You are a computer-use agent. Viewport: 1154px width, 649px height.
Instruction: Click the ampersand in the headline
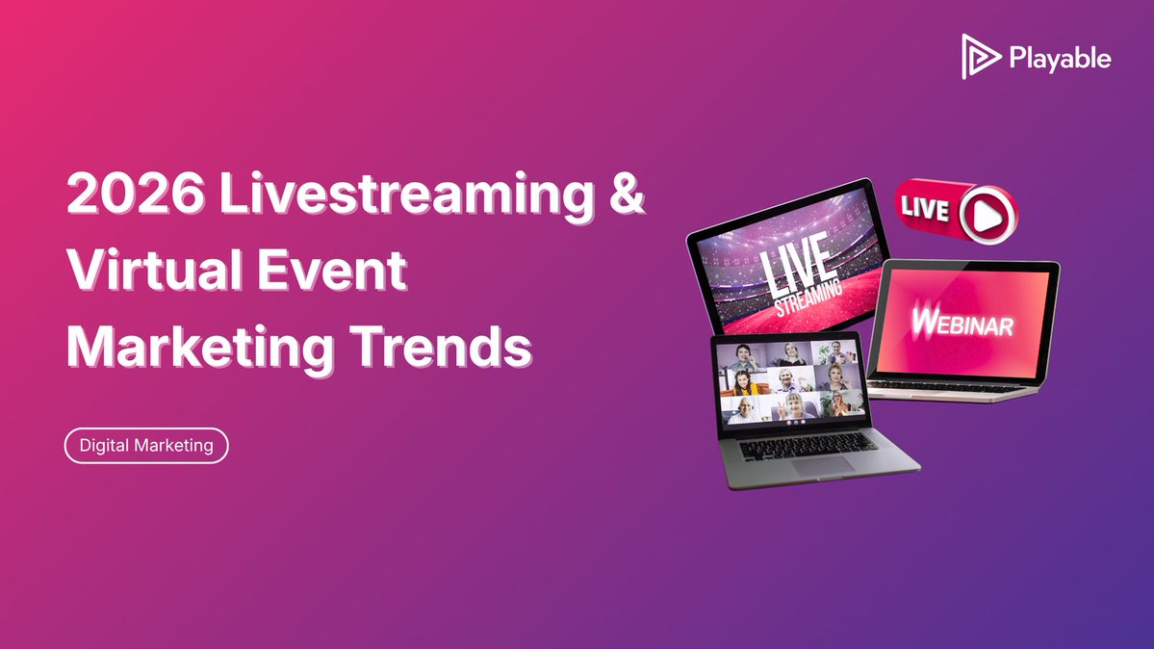point(626,197)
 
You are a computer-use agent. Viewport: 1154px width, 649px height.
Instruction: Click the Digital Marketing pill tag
point(146,446)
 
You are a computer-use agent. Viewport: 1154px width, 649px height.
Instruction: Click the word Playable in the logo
point(1061,59)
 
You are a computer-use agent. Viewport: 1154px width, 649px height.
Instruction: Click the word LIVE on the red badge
point(925,208)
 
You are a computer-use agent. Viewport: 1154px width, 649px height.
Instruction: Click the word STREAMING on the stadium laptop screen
point(809,295)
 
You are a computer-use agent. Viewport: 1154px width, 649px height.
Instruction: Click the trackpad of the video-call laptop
point(823,463)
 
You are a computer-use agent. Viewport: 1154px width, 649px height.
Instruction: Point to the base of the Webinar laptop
point(953,387)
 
